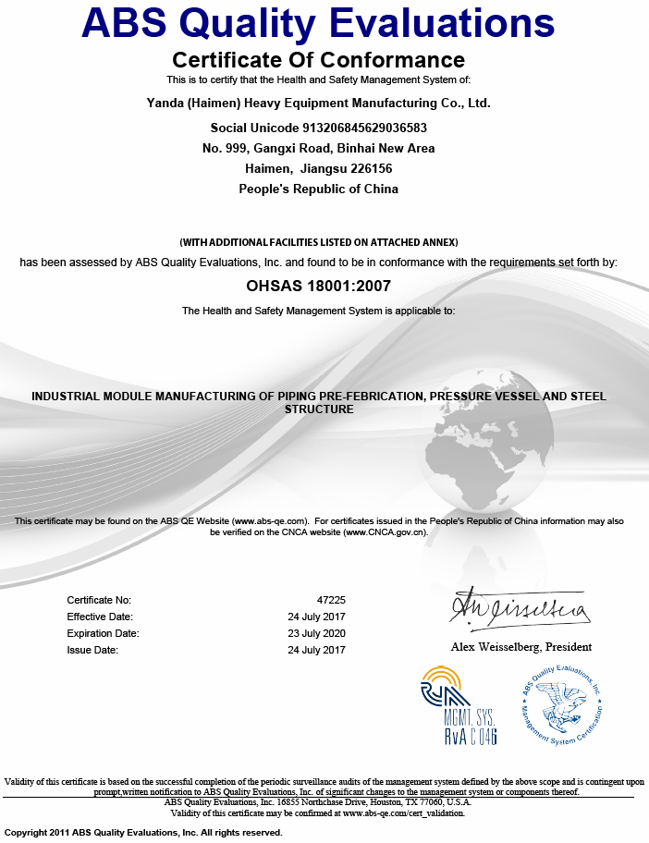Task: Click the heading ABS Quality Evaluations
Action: (318, 23)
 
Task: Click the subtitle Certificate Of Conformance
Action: (318, 61)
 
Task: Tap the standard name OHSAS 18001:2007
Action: (318, 287)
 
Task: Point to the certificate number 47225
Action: (331, 600)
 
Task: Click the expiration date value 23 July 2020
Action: (317, 633)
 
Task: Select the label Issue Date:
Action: (92, 650)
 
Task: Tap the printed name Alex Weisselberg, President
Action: (520, 646)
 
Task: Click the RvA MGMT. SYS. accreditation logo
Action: (459, 705)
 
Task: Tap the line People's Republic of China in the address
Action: (318, 189)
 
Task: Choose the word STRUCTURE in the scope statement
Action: (318, 409)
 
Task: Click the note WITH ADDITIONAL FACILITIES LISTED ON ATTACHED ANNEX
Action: (318, 242)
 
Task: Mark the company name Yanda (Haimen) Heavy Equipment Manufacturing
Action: (318, 103)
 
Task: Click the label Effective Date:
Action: (100, 617)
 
